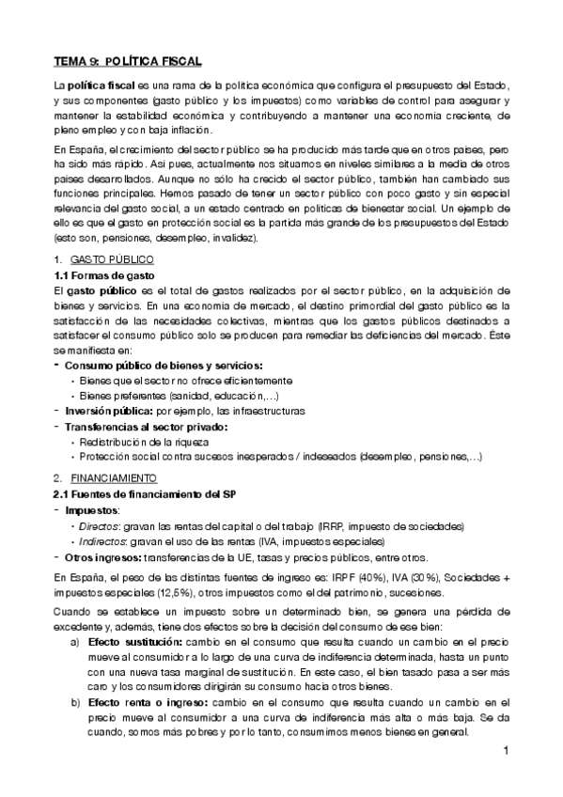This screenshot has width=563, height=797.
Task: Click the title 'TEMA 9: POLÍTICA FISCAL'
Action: (x=127, y=61)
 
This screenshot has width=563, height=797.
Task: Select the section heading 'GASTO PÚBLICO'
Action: (x=116, y=258)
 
